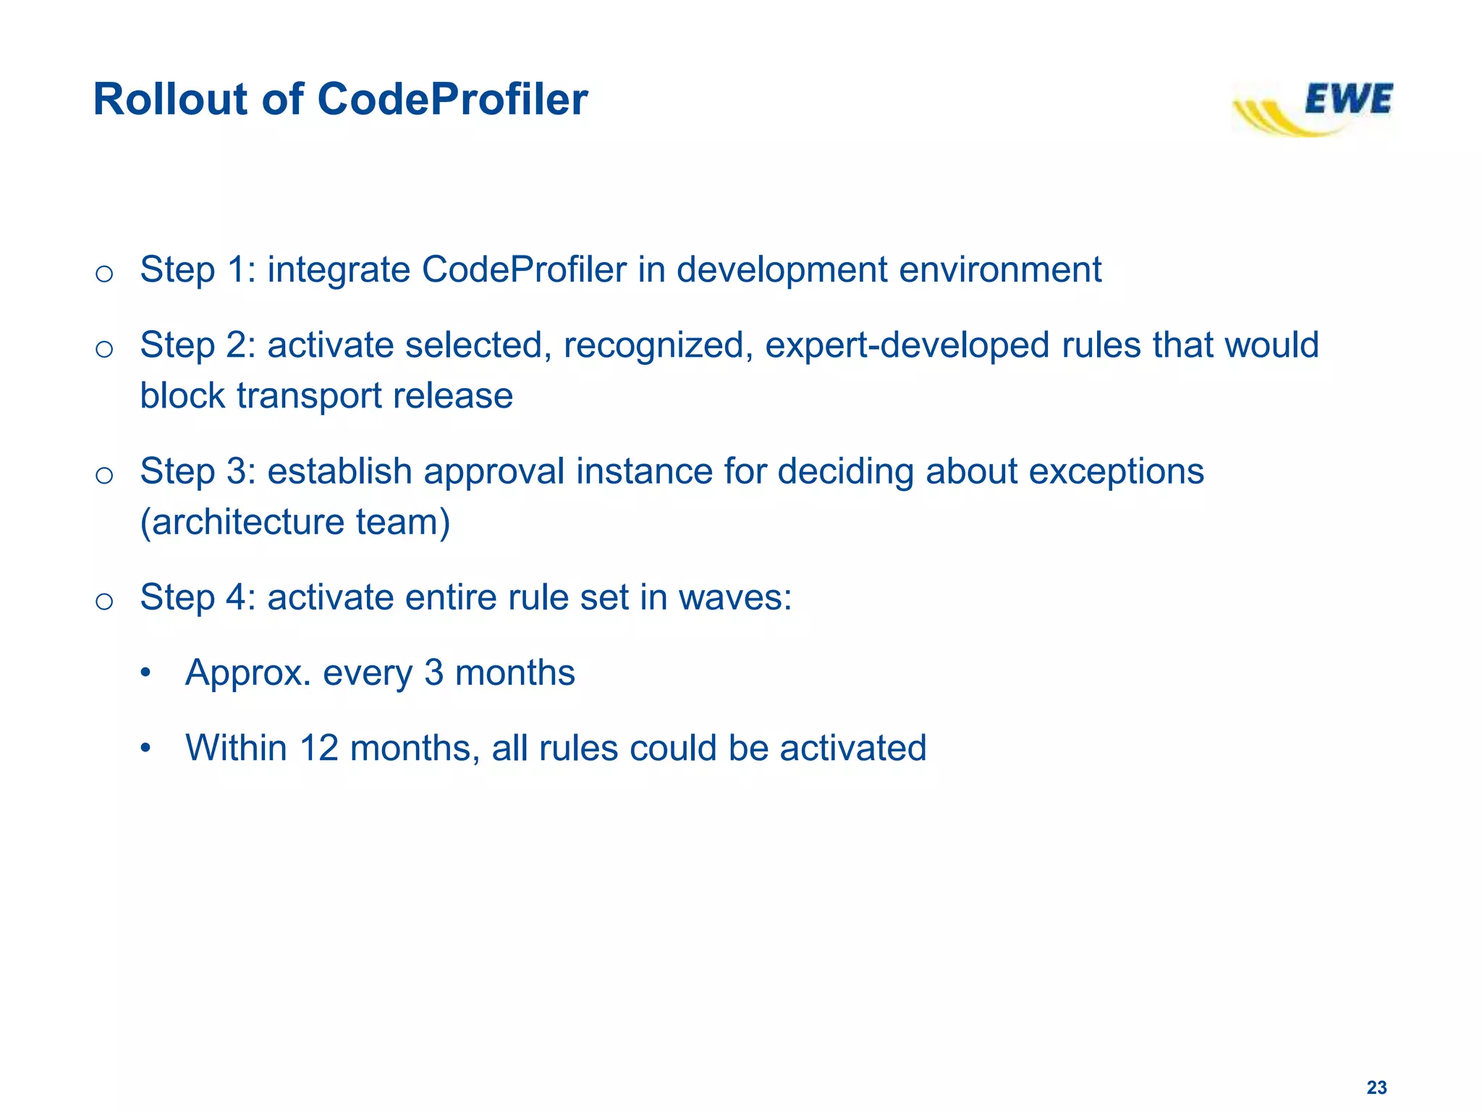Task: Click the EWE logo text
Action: coord(1347,99)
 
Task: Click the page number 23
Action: coord(1376,1087)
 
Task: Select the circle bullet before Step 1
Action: coord(104,274)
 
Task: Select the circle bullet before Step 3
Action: coord(104,475)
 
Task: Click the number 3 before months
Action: coord(433,673)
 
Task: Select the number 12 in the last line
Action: coord(318,749)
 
